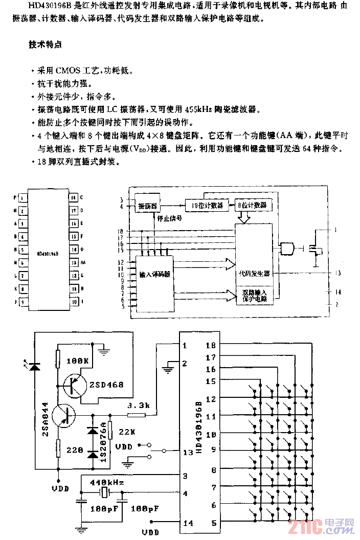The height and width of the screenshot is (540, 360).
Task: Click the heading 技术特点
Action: tap(46, 44)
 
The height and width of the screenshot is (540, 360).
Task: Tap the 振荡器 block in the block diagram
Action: tap(148, 206)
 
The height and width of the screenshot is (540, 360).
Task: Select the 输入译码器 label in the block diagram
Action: tap(154, 274)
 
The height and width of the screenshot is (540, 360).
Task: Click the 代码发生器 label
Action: tap(254, 273)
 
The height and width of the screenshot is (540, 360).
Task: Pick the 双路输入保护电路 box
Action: tap(254, 296)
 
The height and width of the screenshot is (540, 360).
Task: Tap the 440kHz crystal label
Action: tap(107, 482)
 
